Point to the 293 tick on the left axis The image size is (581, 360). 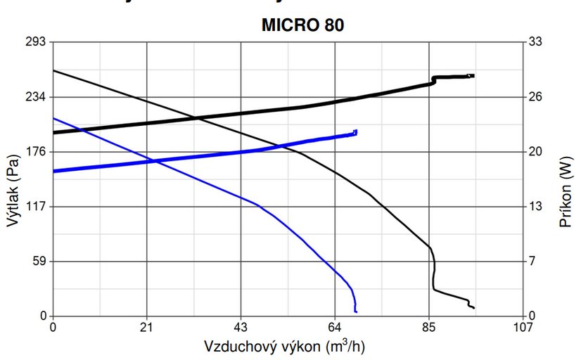(x=35, y=41)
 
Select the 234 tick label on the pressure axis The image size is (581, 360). (x=35, y=96)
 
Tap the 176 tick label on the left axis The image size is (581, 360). (x=35, y=151)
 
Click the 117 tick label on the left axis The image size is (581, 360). (x=35, y=206)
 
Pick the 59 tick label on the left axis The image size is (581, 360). (x=38, y=261)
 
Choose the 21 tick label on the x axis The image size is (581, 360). (x=147, y=327)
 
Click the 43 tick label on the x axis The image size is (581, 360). (x=241, y=327)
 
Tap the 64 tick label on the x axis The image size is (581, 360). (x=335, y=327)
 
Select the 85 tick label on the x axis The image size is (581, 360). (x=429, y=327)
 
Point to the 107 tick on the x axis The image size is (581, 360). (x=523, y=327)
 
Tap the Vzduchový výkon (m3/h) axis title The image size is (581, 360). (x=284, y=346)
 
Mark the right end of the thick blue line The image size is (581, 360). (x=356, y=131)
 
